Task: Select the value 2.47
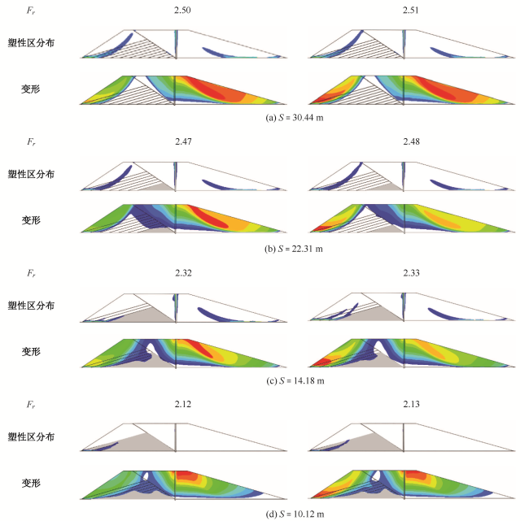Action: [181, 142]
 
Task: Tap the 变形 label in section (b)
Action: [31, 219]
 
